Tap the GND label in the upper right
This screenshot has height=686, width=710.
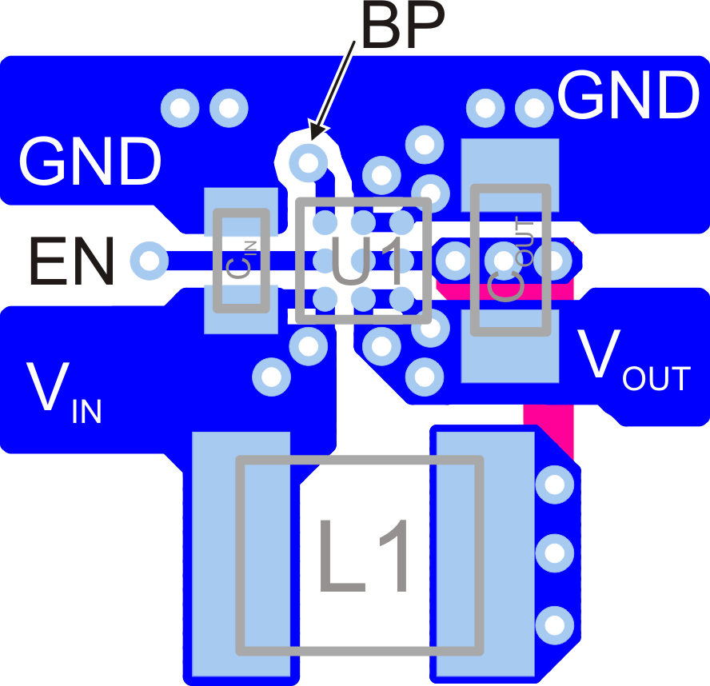628,96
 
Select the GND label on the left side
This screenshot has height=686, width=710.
90,162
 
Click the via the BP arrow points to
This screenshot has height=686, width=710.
307,163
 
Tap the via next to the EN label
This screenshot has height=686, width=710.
148,260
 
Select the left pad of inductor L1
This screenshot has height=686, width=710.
240,556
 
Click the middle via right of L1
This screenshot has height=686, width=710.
554,552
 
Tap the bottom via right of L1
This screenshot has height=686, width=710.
554,622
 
